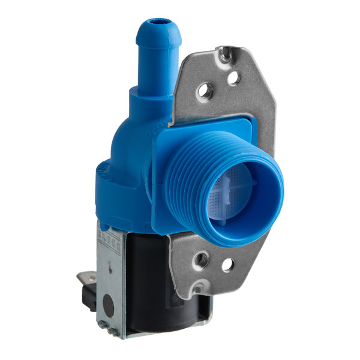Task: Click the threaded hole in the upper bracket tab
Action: click(206, 91)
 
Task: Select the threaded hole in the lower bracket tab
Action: click(202, 259)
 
